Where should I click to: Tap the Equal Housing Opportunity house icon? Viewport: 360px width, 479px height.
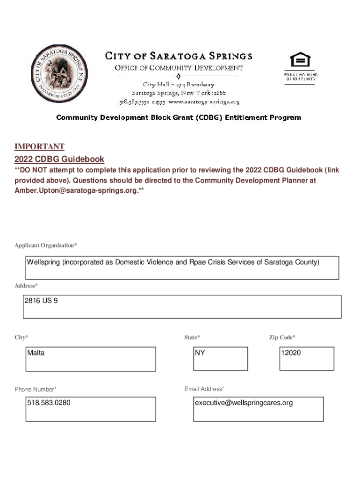(300, 60)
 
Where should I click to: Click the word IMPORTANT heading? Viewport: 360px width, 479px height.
(39, 147)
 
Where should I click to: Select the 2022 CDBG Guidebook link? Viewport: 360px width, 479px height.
(59, 159)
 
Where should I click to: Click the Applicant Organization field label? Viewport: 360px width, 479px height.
(46, 246)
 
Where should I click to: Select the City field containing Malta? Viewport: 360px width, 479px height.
(91, 359)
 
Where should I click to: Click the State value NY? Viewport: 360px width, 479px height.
(200, 353)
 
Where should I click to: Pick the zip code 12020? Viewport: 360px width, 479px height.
(291, 353)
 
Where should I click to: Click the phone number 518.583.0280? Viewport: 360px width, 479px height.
(49, 403)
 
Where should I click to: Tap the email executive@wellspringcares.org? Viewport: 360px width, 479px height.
(244, 403)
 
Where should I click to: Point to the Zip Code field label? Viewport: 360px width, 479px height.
(282, 337)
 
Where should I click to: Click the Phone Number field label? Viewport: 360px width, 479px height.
(36, 390)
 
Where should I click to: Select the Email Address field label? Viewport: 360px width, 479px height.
(204, 389)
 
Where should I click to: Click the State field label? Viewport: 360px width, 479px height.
(192, 337)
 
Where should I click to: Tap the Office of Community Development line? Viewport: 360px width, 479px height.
(179, 68)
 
